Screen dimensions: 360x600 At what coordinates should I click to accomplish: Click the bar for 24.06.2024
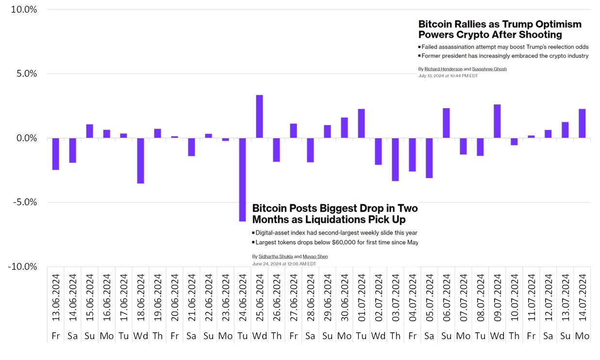point(242,180)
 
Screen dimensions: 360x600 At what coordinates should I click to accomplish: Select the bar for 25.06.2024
point(259,116)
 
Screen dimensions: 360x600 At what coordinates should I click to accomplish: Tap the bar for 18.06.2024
point(140,161)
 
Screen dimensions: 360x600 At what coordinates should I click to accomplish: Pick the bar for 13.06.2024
point(55,154)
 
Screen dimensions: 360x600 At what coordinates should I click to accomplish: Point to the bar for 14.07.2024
point(582,124)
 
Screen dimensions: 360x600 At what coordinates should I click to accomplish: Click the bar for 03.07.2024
point(395,160)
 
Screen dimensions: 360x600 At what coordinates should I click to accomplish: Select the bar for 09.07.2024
point(497,121)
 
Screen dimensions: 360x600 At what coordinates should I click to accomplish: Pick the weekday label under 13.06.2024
point(55,336)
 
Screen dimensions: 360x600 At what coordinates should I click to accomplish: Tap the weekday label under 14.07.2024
point(582,336)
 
